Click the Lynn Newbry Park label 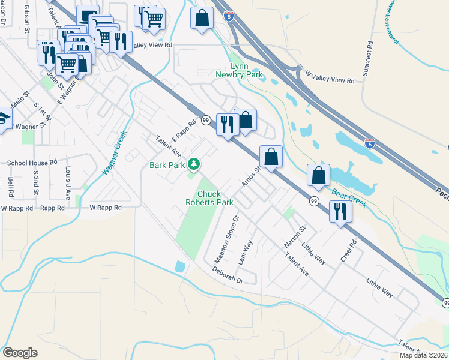point(239,70)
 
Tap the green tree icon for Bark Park point(193,163)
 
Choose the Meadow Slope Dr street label point(227,239)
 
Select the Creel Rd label point(349,251)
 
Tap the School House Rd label point(32,163)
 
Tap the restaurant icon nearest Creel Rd point(340,211)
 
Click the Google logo point(19,353)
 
